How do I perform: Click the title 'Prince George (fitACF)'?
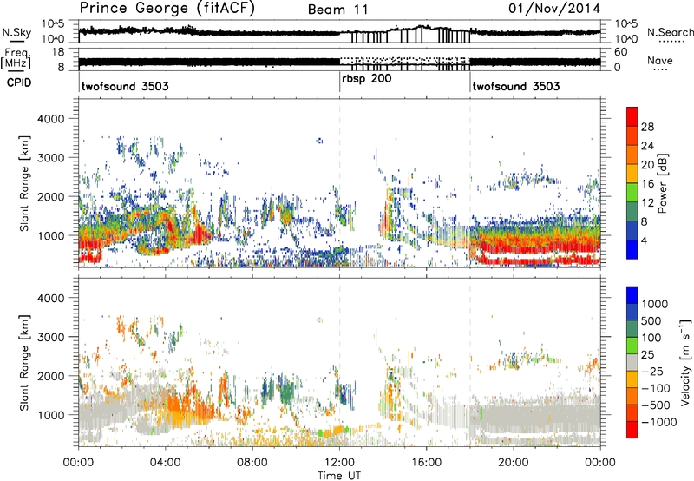point(154,9)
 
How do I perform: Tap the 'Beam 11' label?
point(339,9)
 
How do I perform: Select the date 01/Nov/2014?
point(564,9)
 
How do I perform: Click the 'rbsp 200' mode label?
point(363,78)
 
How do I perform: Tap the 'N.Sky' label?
point(16,32)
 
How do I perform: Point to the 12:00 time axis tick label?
point(339,461)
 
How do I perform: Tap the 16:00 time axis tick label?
point(427,461)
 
